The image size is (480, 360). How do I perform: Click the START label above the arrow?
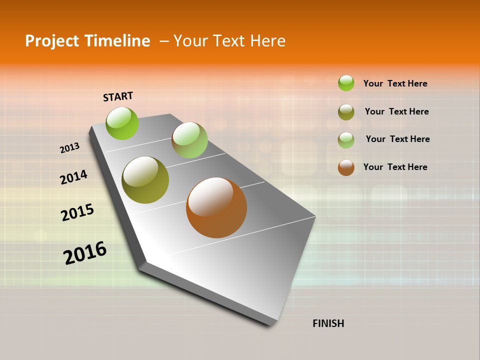coord(118,96)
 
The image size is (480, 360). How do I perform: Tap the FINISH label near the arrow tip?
coord(328,323)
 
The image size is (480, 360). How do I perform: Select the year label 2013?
coord(69,148)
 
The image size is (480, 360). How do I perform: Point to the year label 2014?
coord(73,177)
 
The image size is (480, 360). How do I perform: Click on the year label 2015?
coord(77,212)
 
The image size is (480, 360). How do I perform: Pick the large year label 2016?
coord(85,253)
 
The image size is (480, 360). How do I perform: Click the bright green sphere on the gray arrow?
coord(122,123)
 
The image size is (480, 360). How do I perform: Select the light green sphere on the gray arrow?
coord(189,140)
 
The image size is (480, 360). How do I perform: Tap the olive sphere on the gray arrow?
coord(145,180)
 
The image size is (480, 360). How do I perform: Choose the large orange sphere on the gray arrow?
coord(216,207)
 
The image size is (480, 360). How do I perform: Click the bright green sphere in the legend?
coord(346,83)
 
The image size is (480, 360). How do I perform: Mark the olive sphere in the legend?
coord(346,112)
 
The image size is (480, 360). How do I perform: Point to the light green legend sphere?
coord(346,139)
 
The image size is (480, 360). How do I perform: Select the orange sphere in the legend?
coord(346,167)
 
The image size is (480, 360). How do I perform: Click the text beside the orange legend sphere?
coord(395,167)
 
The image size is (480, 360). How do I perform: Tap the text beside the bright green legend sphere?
coord(395,83)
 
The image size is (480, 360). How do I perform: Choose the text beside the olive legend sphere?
coord(396,111)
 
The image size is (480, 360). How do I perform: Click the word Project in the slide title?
coord(52,41)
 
